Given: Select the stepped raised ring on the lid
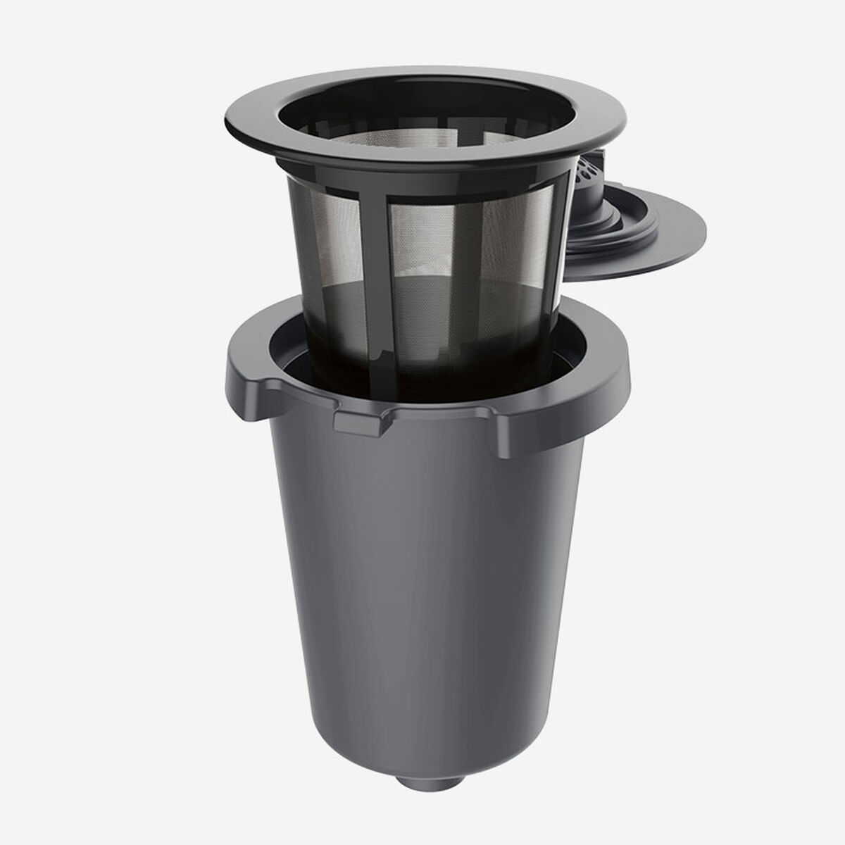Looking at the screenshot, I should pyautogui.click(x=620, y=225).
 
